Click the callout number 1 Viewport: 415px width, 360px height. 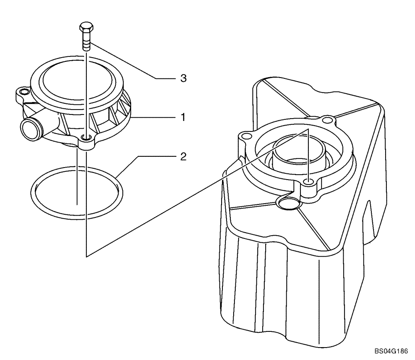tap(182, 118)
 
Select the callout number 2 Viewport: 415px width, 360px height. tap(183, 157)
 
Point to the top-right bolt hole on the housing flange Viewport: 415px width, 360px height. tap(329, 121)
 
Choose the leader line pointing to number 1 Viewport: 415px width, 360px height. tap(154, 118)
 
